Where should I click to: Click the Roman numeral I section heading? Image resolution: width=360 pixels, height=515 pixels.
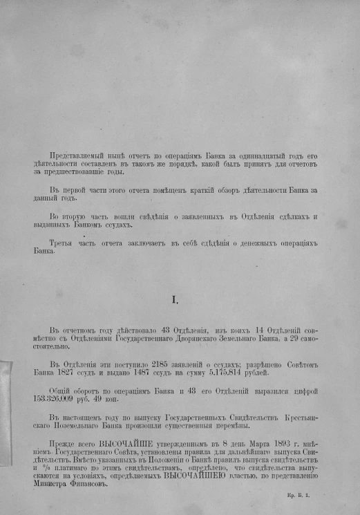[x=175, y=299]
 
